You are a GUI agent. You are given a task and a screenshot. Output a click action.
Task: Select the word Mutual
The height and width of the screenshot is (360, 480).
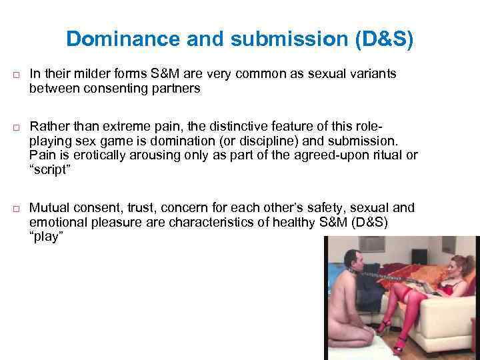(x=49, y=207)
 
